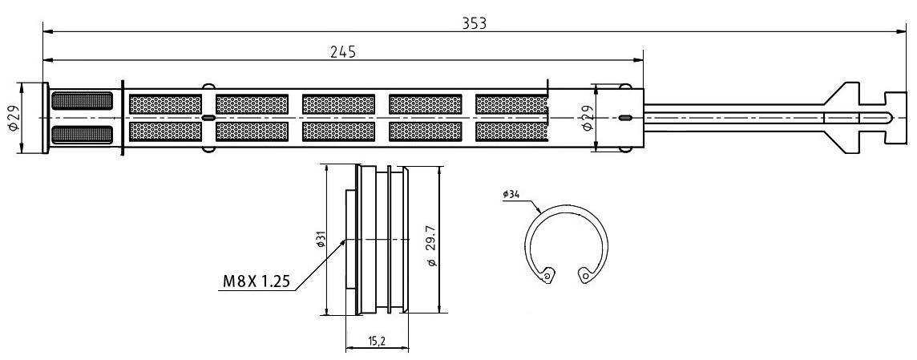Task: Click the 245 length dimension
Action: click(342, 51)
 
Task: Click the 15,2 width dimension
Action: click(376, 342)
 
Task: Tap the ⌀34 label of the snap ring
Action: click(511, 194)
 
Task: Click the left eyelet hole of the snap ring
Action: click(547, 277)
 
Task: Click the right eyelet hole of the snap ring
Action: click(585, 277)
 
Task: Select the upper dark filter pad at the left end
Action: click(82, 101)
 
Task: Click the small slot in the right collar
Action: click(624, 118)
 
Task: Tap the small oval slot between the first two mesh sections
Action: click(208, 118)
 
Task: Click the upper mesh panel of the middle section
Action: click(337, 104)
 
